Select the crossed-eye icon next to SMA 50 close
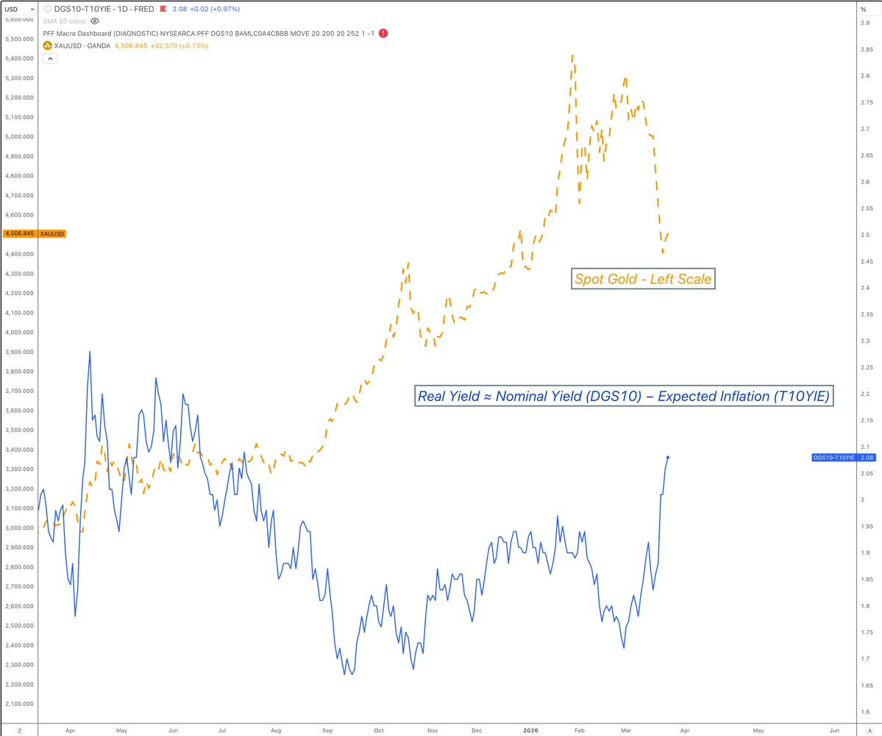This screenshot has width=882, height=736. point(94,21)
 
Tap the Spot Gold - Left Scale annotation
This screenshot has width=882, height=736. point(643,280)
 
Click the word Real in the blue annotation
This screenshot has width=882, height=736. point(431,396)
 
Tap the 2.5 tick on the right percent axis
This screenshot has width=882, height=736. point(866,235)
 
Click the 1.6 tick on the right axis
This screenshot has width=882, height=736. point(866,712)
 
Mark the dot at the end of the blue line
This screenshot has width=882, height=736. point(667,457)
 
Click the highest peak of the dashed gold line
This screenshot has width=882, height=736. point(572,54)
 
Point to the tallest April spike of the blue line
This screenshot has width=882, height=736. point(90,352)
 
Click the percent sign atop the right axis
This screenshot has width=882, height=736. point(864,9)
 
